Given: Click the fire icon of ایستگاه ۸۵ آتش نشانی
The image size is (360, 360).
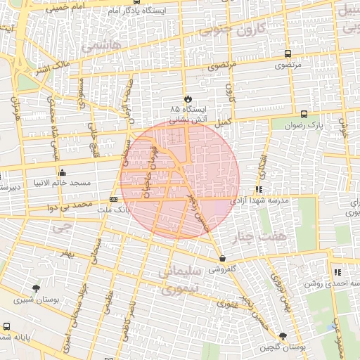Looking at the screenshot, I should point(188,98).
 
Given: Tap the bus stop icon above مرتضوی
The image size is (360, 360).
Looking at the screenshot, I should point(288,53).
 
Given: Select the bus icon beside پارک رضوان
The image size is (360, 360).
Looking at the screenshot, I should point(304,114).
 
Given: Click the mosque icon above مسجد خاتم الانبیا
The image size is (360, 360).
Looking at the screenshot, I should point(63,172).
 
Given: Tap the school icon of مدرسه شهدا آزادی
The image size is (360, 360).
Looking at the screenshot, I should point(259,189).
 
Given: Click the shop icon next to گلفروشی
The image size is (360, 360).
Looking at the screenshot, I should point(222,257).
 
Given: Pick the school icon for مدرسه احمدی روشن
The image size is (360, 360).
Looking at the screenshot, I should point(338,272).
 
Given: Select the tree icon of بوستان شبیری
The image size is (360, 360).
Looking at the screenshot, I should point(36,288).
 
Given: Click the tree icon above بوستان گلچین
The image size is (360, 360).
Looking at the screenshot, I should point(283,336).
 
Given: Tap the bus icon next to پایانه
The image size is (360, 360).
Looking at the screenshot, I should point(6,326).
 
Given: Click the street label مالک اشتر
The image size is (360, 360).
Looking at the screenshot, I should point(53,68).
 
